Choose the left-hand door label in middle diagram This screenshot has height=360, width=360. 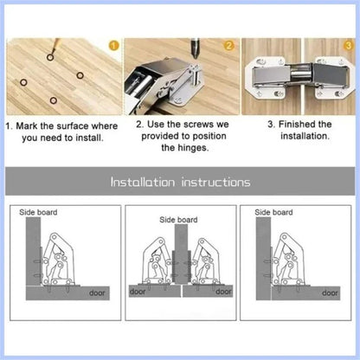pyautogui.click(x=138, y=292)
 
